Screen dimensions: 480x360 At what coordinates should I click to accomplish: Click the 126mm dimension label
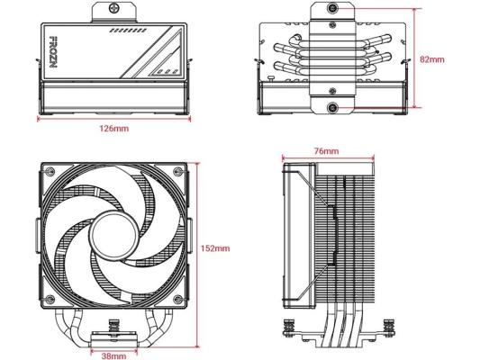(113, 129)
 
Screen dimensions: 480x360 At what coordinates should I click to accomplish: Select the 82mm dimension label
(432, 59)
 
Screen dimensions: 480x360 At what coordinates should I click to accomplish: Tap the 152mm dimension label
(215, 248)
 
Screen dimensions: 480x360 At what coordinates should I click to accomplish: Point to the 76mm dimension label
(326, 151)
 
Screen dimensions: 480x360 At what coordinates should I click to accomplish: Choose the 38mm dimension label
(113, 356)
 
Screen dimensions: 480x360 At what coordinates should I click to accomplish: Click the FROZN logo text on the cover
(53, 52)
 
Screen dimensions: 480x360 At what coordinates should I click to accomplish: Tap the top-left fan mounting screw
(50, 172)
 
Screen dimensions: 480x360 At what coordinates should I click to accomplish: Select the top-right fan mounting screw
(177, 172)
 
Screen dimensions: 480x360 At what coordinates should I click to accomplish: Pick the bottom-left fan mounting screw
(50, 300)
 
